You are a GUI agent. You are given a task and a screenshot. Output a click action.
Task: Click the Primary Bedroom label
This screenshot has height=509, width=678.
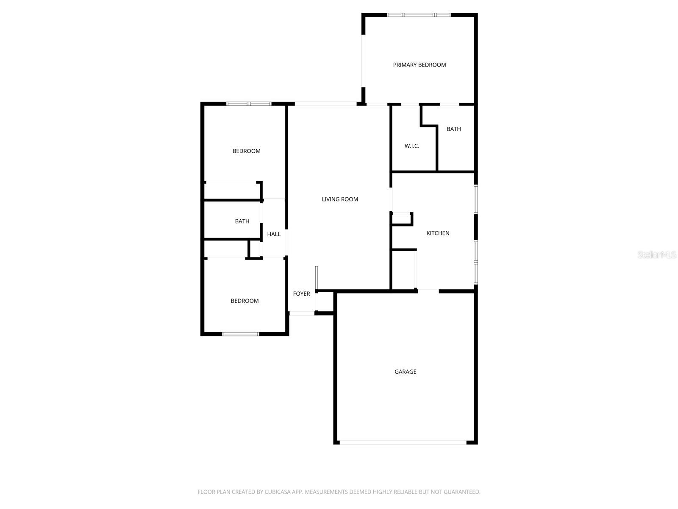tap(419, 65)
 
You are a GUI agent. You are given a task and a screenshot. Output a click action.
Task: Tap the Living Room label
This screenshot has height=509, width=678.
tap(340, 199)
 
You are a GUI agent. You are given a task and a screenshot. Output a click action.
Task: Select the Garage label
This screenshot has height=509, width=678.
tap(405, 372)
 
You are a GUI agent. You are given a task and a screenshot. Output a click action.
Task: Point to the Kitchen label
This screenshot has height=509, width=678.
tap(438, 233)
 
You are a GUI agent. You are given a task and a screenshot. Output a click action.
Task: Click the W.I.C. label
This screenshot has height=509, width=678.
tap(411, 146)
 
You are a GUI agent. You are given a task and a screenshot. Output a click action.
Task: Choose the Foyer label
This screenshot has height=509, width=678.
tap(301, 294)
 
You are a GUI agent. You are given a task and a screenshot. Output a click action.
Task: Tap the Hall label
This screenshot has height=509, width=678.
tap(274, 234)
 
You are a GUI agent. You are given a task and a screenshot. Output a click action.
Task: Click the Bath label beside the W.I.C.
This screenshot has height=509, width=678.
tap(453, 129)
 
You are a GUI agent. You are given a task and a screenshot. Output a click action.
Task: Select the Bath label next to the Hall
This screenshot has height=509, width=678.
tap(242, 221)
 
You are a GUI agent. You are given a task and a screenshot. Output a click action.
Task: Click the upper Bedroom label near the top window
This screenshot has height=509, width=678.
tap(246, 151)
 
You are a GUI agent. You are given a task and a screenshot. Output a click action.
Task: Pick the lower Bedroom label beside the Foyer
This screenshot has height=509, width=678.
tap(245, 301)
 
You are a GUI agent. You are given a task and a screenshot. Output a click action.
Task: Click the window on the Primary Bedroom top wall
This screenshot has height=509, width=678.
tap(419, 15)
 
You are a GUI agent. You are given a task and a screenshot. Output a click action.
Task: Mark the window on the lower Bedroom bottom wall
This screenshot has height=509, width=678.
tap(241, 334)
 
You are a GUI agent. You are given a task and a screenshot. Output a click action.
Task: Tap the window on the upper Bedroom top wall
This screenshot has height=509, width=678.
tap(249, 103)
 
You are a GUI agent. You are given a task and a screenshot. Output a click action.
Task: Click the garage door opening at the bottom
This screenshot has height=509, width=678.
tap(403, 442)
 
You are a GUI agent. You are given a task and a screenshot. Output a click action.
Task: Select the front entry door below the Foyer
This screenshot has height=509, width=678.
tap(301, 313)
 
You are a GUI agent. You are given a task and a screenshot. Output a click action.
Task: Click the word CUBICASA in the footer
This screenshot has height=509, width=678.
tap(279, 492)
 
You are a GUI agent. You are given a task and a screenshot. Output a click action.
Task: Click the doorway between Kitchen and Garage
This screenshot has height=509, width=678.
tap(428, 291)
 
